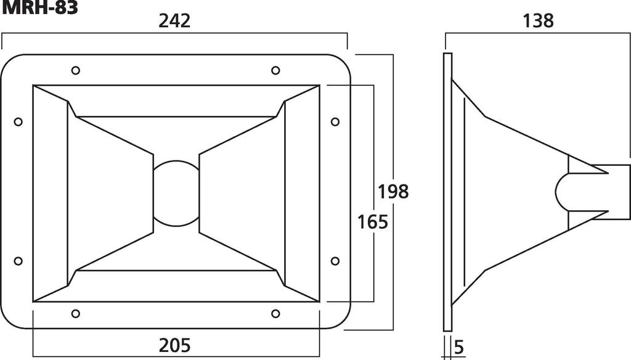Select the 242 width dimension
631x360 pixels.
click(174, 21)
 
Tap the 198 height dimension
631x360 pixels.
click(394, 191)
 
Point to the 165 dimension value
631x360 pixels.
click(373, 221)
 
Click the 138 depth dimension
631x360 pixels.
click(538, 21)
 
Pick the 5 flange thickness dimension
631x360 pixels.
click(458, 347)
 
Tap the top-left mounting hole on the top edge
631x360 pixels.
click(76, 70)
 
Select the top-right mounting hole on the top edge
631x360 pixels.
click(275, 70)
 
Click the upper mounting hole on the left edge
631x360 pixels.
click(18, 121)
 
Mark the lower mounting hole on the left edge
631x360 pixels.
click(18, 261)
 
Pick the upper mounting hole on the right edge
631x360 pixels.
click(335, 121)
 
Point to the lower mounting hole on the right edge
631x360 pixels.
click(335, 261)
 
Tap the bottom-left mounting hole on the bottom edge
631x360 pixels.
click(76, 314)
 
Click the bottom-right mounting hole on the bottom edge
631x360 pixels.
click(275, 314)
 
